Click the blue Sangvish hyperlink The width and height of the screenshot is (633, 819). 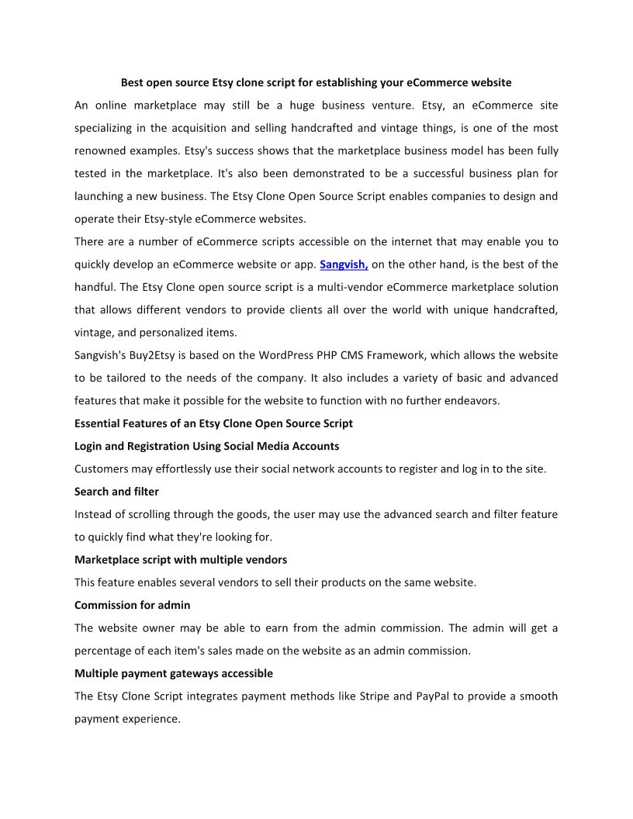344,264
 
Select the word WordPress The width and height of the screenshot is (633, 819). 289,355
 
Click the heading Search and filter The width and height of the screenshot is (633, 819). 116,491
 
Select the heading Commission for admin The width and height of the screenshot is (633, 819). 132,605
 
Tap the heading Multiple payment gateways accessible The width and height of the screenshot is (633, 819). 174,673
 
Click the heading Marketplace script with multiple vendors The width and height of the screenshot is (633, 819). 181,559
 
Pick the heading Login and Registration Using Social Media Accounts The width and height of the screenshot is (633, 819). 206,446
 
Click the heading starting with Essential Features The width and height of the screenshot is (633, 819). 213,423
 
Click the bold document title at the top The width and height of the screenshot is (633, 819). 316,82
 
